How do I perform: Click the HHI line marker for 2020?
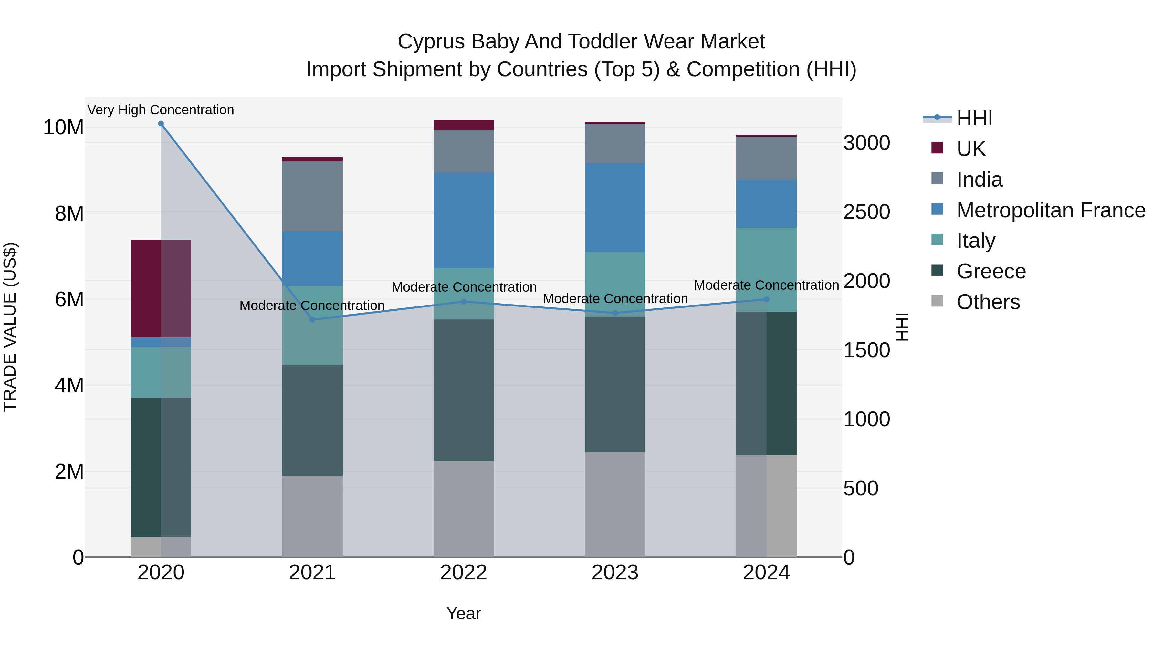(161, 124)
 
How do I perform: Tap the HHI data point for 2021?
(312, 319)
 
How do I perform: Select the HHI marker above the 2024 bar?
(766, 299)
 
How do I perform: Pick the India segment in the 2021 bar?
(312, 196)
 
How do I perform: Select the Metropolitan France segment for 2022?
(464, 220)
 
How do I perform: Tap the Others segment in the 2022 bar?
(464, 509)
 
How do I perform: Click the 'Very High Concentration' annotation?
(161, 110)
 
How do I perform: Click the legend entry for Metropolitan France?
(1051, 210)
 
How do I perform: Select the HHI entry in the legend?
(974, 118)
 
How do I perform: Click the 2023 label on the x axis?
(615, 573)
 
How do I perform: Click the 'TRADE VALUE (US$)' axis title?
(10, 327)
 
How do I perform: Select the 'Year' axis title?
(464, 613)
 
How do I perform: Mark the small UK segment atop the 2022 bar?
(464, 125)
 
